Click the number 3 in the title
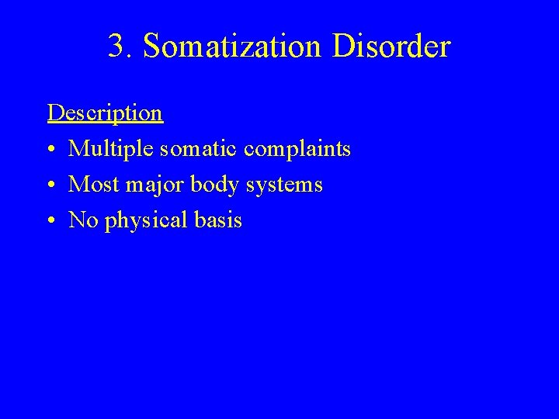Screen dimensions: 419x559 tap(116, 47)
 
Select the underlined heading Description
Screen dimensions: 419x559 tap(105, 113)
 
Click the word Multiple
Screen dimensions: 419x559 tap(106, 149)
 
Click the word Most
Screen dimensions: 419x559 tap(89, 185)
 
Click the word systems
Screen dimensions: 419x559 tap(286, 185)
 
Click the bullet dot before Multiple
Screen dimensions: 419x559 tap(51, 150)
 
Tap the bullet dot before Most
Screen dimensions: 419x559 tap(51, 185)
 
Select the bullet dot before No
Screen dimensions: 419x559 tap(51, 221)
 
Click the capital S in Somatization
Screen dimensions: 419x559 tap(151, 47)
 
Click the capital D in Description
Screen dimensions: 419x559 tap(54, 113)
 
